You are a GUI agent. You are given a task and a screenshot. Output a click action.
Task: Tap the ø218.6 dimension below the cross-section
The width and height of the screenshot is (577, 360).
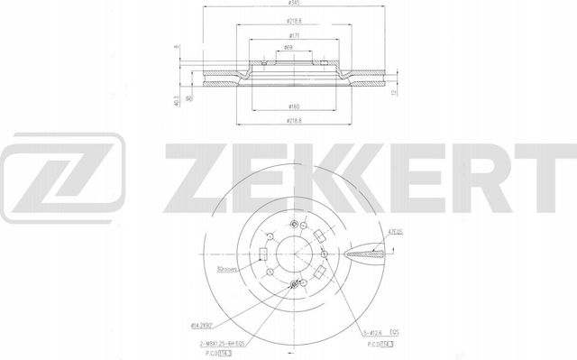288,120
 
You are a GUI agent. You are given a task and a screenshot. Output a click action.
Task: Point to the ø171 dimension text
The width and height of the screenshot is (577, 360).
288,35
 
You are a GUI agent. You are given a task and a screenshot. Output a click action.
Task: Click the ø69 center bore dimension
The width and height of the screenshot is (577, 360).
288,49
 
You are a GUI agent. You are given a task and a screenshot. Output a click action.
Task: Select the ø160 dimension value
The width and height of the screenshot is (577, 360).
288,107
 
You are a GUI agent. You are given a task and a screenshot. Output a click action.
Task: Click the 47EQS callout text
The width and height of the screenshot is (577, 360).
395,230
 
